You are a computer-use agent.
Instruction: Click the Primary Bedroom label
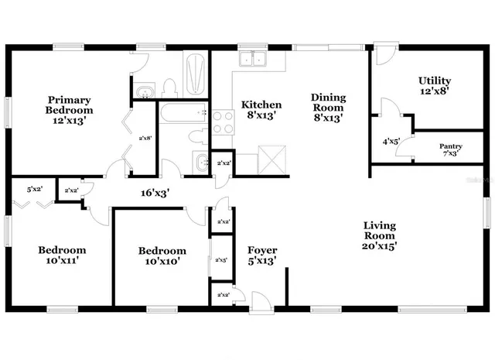point(70,110)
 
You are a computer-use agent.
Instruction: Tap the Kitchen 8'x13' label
point(261,110)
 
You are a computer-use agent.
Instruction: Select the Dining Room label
point(328,108)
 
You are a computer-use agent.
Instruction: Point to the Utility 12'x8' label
point(434,85)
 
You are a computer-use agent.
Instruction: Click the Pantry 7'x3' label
point(451,150)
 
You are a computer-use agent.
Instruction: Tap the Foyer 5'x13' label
point(262,255)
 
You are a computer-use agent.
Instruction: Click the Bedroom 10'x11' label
point(62,255)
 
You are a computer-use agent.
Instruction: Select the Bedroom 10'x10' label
point(162,255)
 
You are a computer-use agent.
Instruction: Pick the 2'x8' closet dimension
point(145,139)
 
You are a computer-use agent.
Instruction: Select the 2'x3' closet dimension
point(222,260)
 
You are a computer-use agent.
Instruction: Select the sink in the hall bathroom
point(201,163)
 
